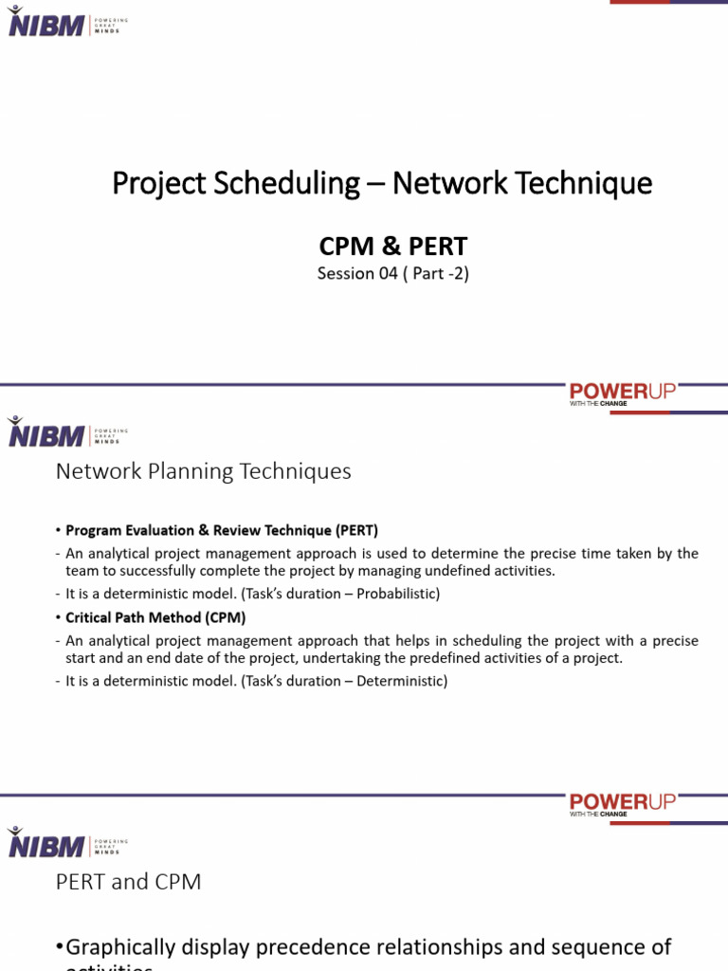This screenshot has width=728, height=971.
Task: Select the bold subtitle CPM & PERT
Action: pos(392,247)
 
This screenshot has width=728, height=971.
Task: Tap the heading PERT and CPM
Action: pos(128,882)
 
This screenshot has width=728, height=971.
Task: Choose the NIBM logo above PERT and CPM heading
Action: pos(45,842)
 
